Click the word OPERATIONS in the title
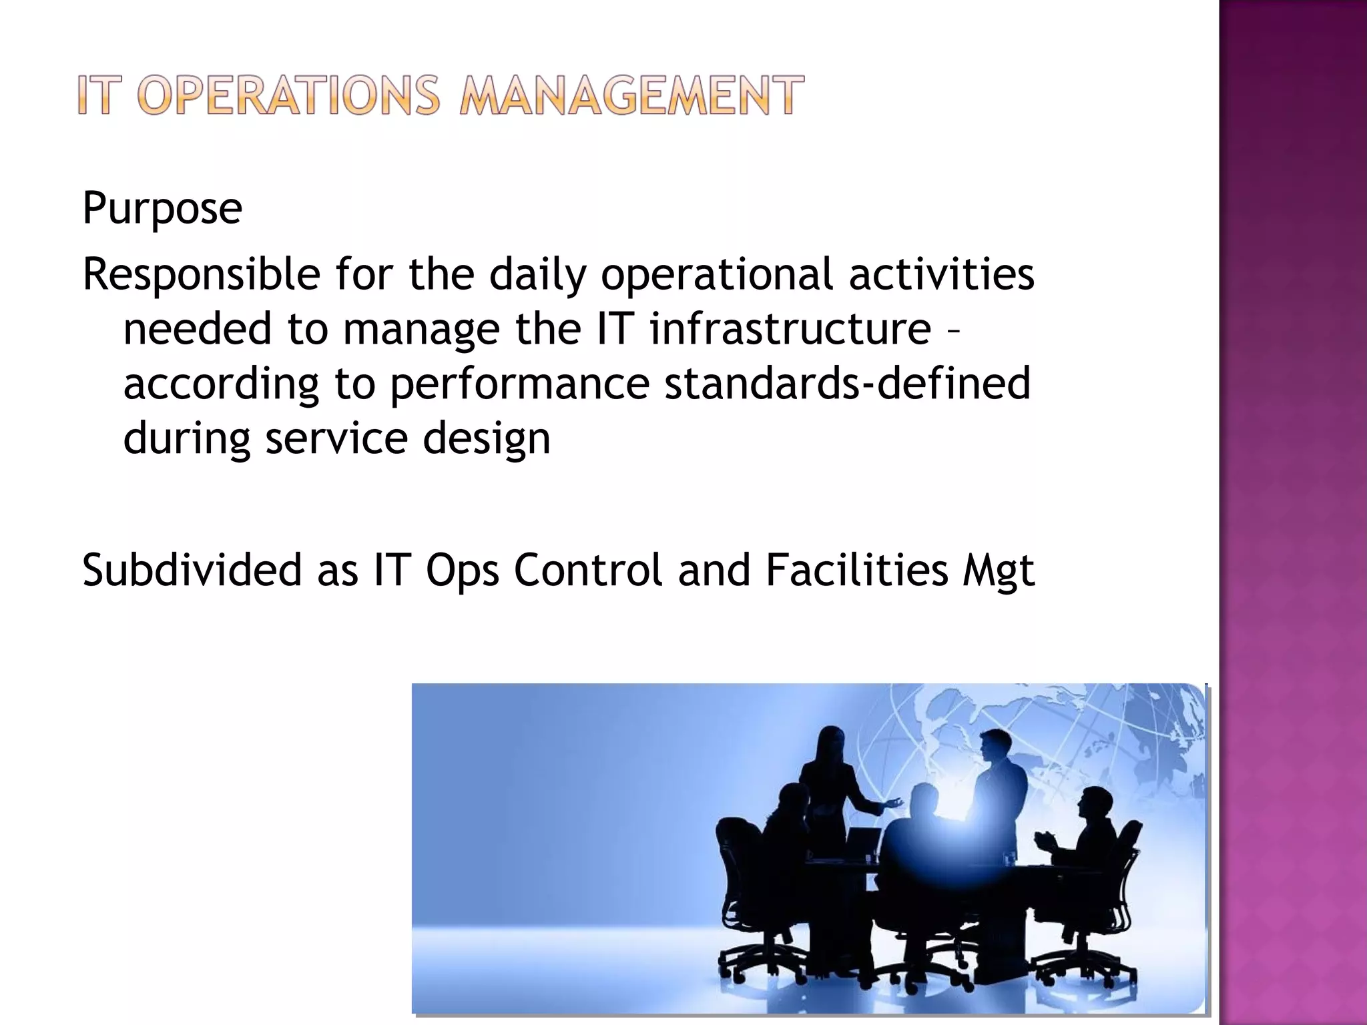(288, 95)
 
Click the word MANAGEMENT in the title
(631, 95)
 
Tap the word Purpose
(162, 208)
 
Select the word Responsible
(201, 274)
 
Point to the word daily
(537, 274)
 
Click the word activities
(941, 274)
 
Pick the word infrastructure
(790, 329)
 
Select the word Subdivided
(192, 571)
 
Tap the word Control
(588, 571)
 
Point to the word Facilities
(856, 571)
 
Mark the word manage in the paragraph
(421, 330)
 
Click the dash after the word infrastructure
(953, 330)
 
